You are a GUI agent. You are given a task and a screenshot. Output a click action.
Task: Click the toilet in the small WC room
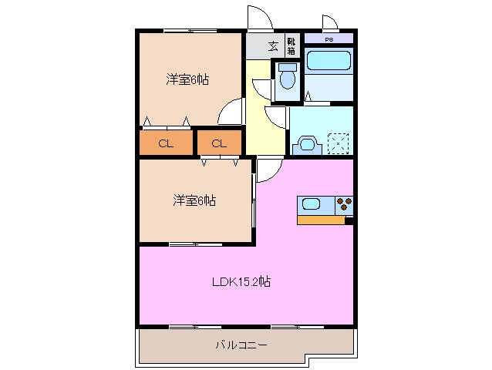[x=288, y=77]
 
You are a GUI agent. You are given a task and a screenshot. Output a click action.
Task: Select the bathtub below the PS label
[x=328, y=62]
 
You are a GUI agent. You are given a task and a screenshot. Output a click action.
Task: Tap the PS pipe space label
[x=329, y=38]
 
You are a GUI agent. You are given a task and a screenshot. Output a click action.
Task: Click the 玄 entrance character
[x=273, y=45]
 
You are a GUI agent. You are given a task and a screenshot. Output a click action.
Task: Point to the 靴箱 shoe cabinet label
[x=291, y=45]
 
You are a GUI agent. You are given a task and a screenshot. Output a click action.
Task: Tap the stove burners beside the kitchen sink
[x=343, y=204]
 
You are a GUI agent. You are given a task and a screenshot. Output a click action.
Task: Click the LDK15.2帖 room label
[x=241, y=282]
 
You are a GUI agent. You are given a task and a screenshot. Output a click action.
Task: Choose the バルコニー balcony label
[x=241, y=345]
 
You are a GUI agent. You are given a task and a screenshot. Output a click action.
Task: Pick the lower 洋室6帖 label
[x=194, y=200]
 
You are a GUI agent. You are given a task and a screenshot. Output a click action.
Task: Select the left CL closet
[x=165, y=143]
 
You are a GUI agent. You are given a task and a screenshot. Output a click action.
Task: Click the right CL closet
[x=218, y=143]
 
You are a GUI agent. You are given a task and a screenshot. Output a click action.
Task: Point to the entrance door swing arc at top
[x=258, y=17]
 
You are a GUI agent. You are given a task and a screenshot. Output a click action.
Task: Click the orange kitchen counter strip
[x=321, y=220]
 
